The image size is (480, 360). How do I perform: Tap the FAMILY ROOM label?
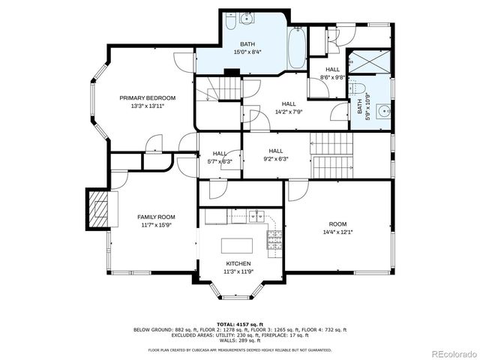click(155, 217)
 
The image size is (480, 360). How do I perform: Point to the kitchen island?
click(235, 244)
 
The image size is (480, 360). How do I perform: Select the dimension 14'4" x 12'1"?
click(337, 232)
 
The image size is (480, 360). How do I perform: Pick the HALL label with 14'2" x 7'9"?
click(289, 104)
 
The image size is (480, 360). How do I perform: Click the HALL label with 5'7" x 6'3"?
click(219, 153)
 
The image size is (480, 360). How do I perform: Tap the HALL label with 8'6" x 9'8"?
click(332, 69)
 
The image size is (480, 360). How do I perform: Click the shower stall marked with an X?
click(370, 62)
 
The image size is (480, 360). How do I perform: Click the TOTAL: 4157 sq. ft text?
click(239, 323)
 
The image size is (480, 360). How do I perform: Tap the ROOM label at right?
click(337, 224)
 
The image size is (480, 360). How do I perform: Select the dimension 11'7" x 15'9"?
click(155, 225)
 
